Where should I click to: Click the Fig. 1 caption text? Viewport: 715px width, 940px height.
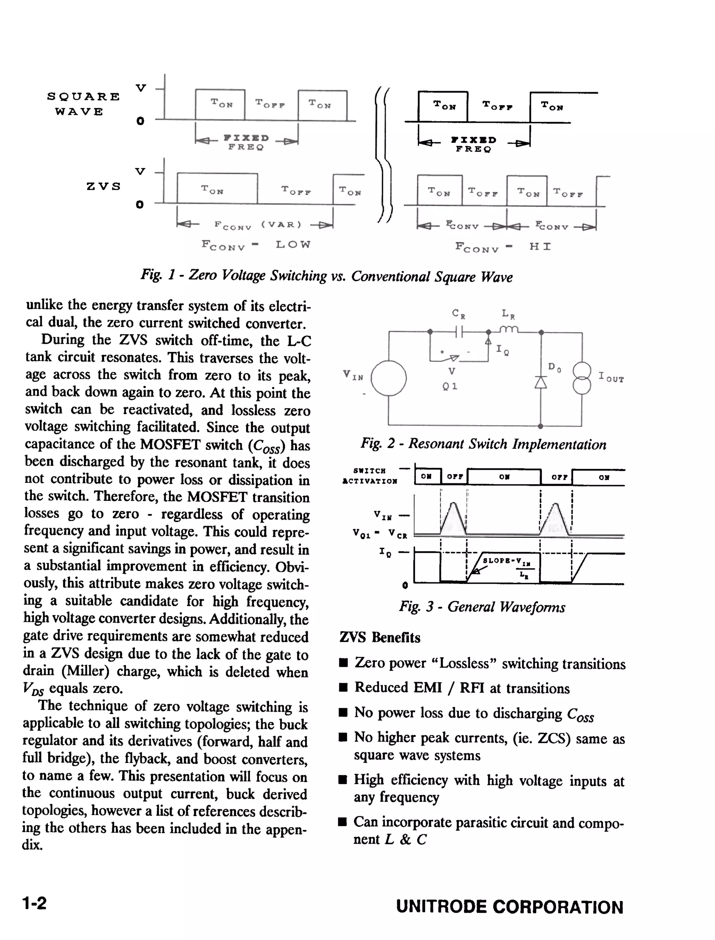[x=326, y=276]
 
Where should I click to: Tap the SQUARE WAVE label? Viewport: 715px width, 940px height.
[x=83, y=104]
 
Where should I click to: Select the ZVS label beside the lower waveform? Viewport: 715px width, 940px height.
[x=103, y=186]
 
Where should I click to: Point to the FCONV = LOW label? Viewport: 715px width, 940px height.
[x=256, y=245]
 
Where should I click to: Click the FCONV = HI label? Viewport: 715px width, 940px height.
[x=503, y=247]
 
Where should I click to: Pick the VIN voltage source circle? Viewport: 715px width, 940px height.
[x=389, y=378]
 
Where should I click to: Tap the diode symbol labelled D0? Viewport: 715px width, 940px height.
[x=540, y=382]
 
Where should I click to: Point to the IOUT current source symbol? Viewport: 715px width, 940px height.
[x=582, y=378]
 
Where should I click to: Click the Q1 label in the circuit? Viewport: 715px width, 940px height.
[x=450, y=386]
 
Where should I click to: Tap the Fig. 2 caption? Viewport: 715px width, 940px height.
[x=484, y=444]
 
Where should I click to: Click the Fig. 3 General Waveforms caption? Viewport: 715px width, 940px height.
[x=482, y=606]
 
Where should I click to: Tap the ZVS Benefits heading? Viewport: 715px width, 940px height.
[x=379, y=637]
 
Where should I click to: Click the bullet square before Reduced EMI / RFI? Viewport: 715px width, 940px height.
[x=343, y=688]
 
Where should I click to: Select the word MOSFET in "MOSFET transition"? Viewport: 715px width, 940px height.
[x=215, y=497]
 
